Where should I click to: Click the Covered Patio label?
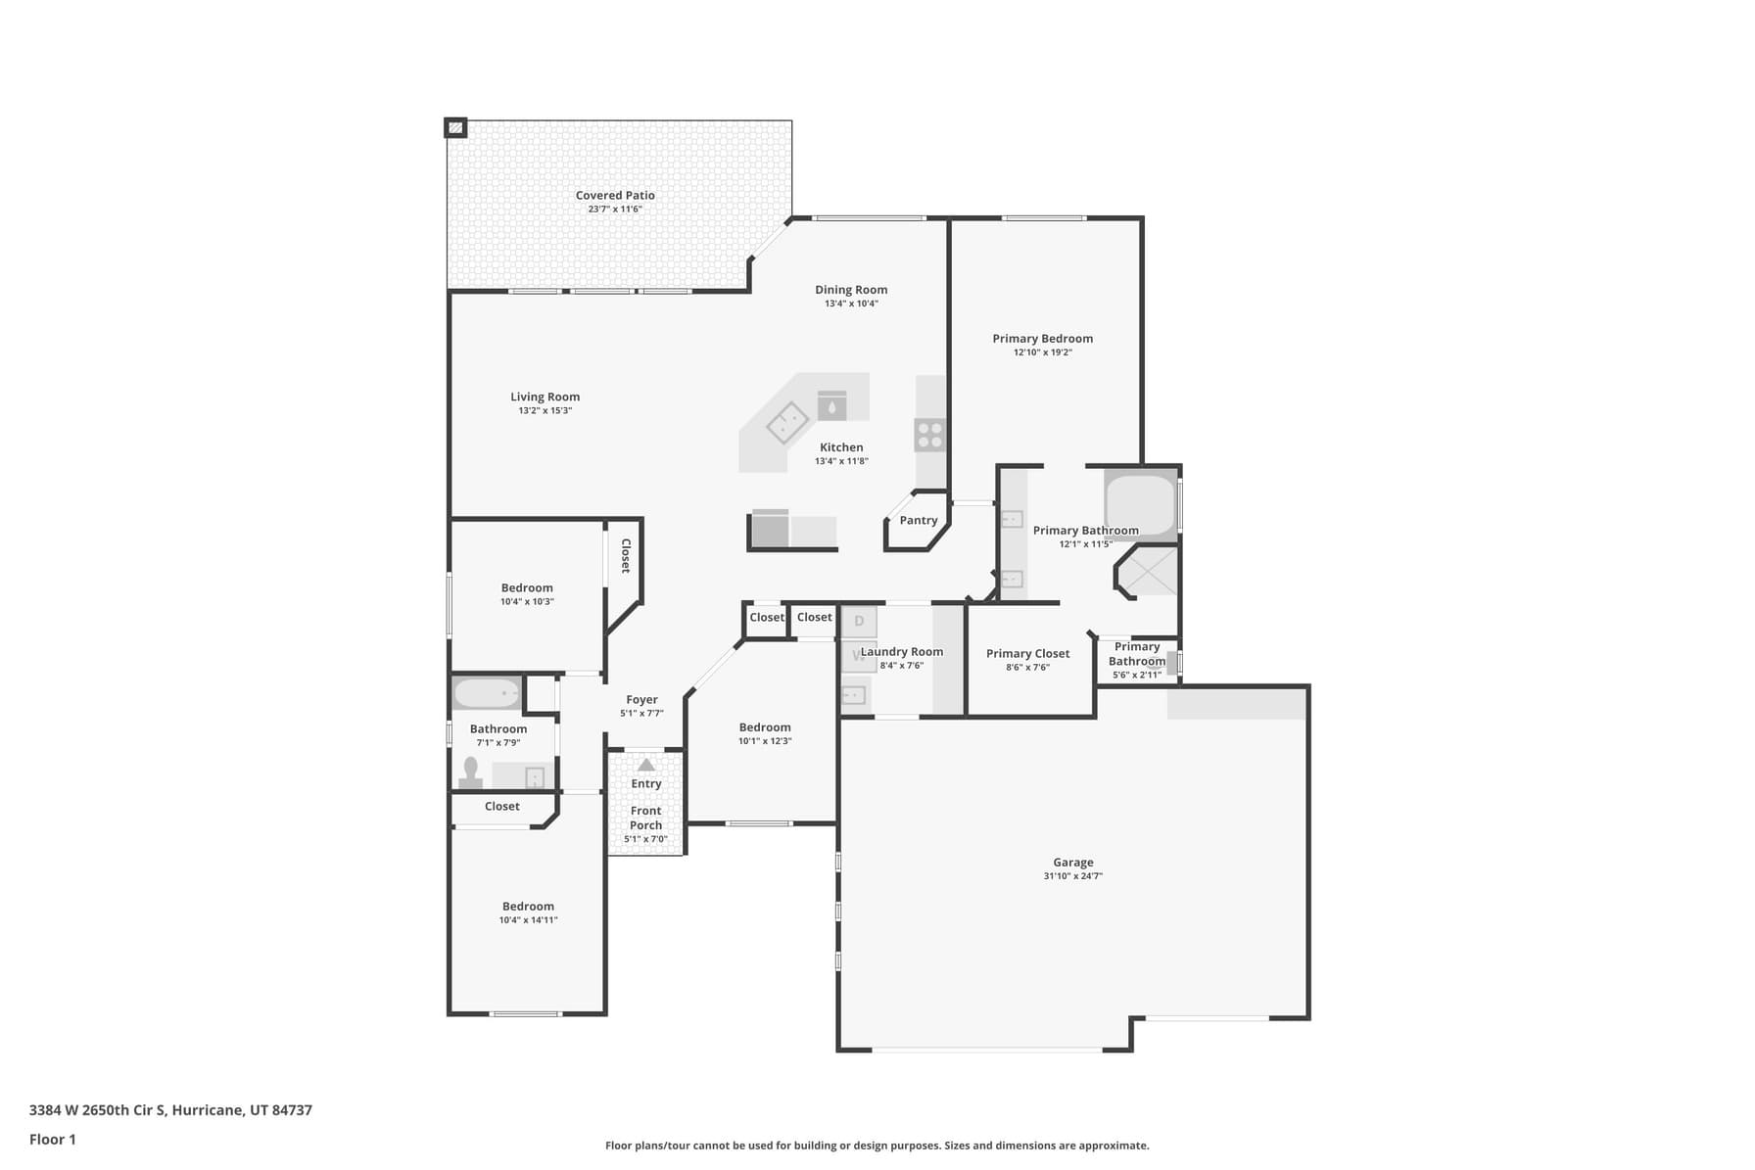[x=615, y=196]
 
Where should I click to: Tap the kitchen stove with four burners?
[x=929, y=435]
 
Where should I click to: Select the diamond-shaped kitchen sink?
[x=786, y=422]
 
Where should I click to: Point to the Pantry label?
[x=919, y=521]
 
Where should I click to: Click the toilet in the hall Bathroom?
[x=471, y=773]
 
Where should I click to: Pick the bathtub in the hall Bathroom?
[x=487, y=693]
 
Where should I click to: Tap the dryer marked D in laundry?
[x=860, y=621]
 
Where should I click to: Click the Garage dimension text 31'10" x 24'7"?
[x=1073, y=876]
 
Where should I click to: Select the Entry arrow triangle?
[x=646, y=765]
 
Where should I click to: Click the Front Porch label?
[x=646, y=818]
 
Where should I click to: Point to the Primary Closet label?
[x=1027, y=654]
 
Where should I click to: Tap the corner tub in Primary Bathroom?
[x=1141, y=504]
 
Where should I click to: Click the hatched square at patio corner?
[x=455, y=127]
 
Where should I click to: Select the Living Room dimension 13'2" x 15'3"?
[x=545, y=411]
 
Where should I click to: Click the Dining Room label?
[x=851, y=290]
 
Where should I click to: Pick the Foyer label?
[x=642, y=700]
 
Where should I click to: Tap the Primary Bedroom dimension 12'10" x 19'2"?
[x=1043, y=352]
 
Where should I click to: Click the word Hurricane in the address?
[x=208, y=1110]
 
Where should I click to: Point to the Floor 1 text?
[x=53, y=1140]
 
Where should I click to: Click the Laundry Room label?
[x=902, y=652]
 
